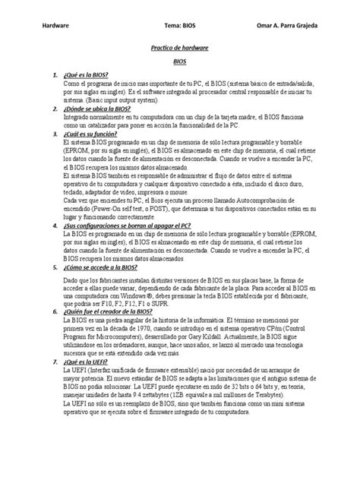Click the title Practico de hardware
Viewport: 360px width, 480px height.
pos(179,48)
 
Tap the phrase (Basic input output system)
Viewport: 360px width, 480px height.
pos(115,99)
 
